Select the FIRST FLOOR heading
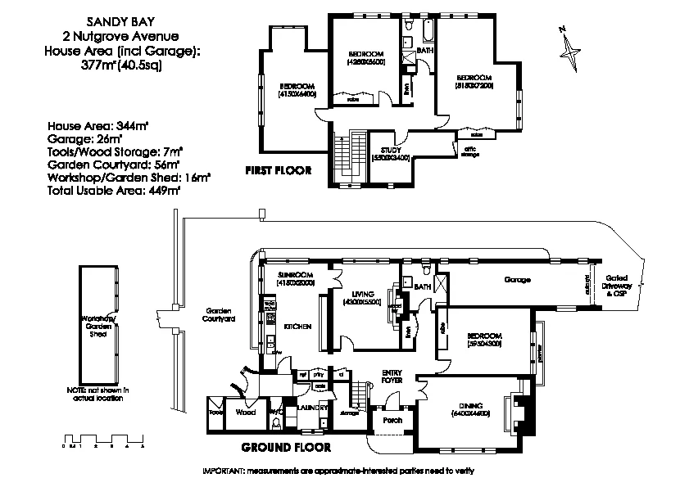pyautogui.click(x=279, y=171)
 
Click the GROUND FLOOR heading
pyautogui.click(x=286, y=448)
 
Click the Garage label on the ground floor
pyautogui.click(x=517, y=280)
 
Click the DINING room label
pyautogui.click(x=469, y=406)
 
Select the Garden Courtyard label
pyautogui.click(x=220, y=315)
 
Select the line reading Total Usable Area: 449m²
pyautogui.click(x=114, y=190)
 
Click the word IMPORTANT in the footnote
pyautogui.click(x=224, y=472)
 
